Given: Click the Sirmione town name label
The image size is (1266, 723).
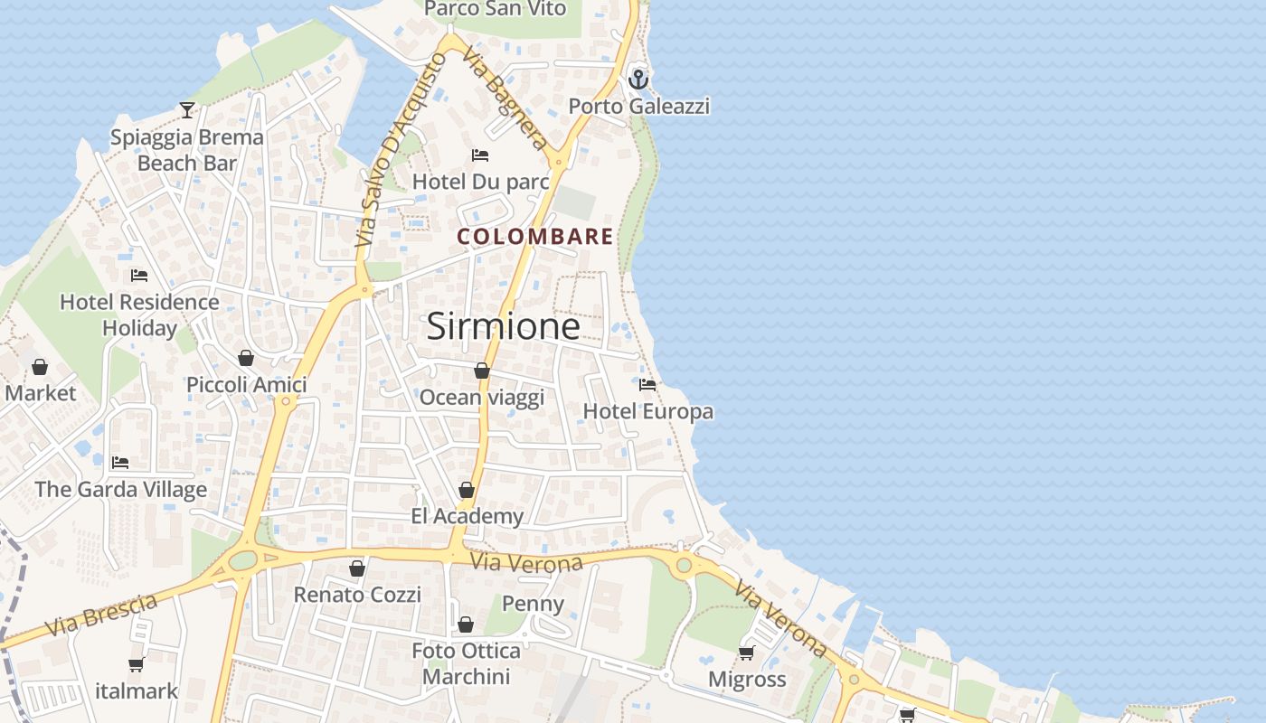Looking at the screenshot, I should (503, 326).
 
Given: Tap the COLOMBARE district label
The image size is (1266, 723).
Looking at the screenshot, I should (535, 237).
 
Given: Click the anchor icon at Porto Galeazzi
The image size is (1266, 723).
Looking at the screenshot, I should (639, 80).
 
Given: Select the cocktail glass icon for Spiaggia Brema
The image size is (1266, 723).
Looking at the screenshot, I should (187, 110).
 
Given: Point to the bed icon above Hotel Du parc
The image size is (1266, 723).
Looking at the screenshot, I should (480, 155).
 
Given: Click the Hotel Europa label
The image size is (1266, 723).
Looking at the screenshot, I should (647, 412).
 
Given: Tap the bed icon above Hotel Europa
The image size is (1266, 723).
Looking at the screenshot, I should (647, 384).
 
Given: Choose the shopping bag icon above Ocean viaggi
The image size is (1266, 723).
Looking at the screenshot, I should (482, 371).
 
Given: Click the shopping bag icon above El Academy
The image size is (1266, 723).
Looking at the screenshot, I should (467, 490).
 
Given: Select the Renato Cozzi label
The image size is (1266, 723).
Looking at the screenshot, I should (357, 595).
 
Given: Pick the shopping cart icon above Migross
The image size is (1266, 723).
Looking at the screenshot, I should (746, 653).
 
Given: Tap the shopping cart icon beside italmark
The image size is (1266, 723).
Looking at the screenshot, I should (136, 665).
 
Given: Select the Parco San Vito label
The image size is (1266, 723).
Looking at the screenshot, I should (495, 9).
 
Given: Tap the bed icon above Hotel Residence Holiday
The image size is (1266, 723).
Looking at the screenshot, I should (139, 275).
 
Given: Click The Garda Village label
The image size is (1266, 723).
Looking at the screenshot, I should (121, 490).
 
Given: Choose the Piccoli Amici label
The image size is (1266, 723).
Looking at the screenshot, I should (247, 385).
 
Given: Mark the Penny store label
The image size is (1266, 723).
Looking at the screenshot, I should (533, 604).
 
